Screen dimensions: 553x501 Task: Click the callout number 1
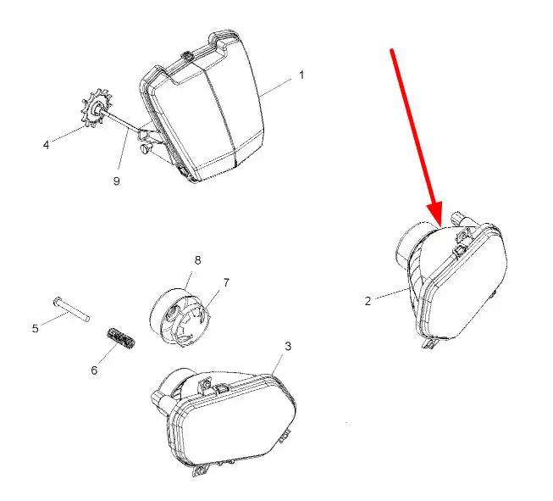[x=301, y=75]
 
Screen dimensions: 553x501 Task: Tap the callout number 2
[x=368, y=301]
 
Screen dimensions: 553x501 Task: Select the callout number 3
[x=288, y=347]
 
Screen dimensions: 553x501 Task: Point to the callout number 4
[x=47, y=145]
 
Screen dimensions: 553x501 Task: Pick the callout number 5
[x=35, y=329]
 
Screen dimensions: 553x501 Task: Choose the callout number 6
[x=94, y=370]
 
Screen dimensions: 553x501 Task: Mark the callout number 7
[x=226, y=283]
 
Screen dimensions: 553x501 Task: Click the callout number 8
[x=197, y=260]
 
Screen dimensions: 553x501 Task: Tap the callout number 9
[x=116, y=181]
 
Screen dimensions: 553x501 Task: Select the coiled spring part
[x=120, y=338]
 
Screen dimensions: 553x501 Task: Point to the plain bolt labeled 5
[x=72, y=309]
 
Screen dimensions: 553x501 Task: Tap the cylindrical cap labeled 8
[x=180, y=317]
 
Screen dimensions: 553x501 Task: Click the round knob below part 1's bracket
[x=146, y=148]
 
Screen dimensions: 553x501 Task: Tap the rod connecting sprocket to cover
[x=121, y=120]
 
